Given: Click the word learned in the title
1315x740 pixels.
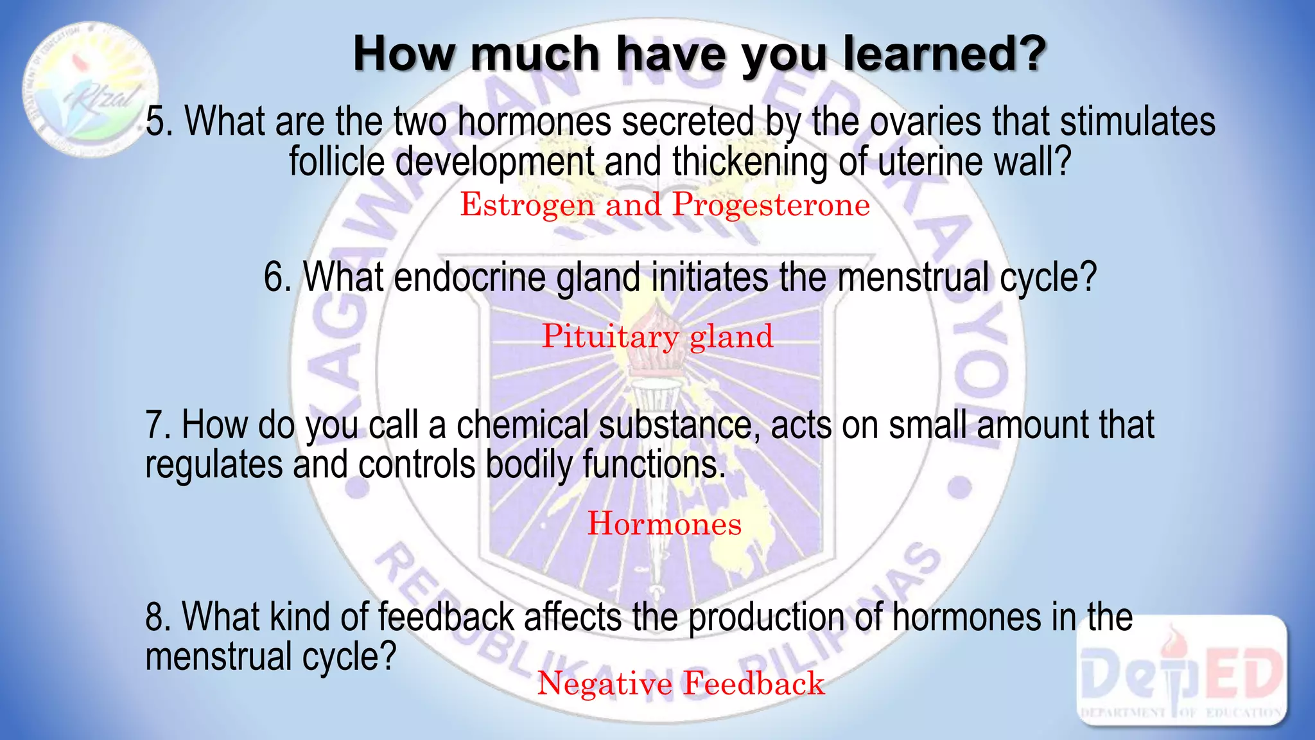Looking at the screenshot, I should coord(944,54).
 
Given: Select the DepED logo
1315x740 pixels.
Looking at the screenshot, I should coord(1181,672).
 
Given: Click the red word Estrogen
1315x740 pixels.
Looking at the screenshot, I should coord(527,206).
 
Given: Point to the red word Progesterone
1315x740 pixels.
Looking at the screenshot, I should coord(771,206).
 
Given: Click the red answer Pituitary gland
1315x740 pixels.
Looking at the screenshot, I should coord(657,337).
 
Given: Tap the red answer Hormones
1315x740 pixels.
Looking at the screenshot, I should coord(665,524).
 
